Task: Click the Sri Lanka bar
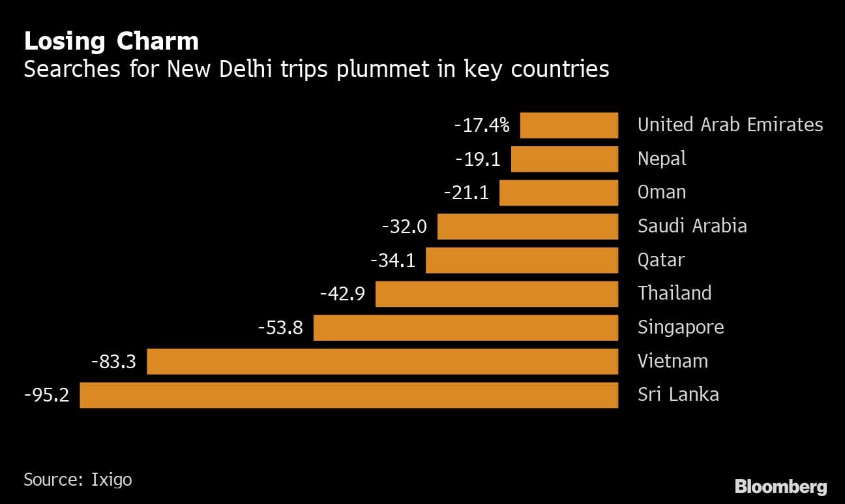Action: click(349, 395)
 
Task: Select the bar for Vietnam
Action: click(382, 361)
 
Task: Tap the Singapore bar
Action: click(466, 328)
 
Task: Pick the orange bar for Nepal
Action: click(564, 159)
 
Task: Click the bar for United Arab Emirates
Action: click(569, 125)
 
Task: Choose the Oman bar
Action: click(558, 193)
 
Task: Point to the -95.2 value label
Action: click(46, 395)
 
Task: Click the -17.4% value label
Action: click(482, 125)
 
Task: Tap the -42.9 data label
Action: click(342, 294)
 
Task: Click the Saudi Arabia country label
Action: click(692, 227)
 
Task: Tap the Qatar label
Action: click(661, 260)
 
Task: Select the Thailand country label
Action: click(674, 293)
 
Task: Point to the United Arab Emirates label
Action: click(730, 125)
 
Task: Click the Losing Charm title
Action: click(111, 41)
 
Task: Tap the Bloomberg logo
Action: click(780, 486)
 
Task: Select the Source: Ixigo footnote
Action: click(78, 480)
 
